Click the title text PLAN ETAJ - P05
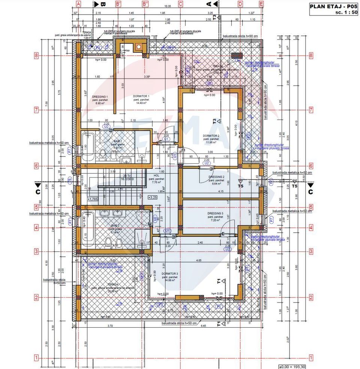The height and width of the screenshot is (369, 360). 333,6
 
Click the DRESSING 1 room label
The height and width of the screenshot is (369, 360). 100,97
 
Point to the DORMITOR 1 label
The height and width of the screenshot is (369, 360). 141,96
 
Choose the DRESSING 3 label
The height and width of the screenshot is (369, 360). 215,214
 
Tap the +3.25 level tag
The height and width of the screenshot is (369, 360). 153,197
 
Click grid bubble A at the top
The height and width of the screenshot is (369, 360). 79,4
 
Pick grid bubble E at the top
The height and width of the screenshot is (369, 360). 261,4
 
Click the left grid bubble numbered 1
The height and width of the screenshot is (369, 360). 37,358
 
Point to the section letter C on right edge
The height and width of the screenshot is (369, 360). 310,192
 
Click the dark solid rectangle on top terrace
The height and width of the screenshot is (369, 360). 236,56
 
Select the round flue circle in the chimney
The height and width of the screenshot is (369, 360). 139,47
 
